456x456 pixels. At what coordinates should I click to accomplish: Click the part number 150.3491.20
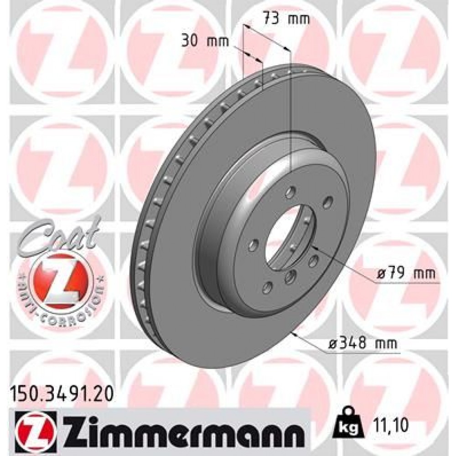[59, 391]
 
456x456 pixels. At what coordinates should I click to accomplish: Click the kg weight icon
[347, 425]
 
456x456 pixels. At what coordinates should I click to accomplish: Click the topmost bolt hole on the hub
[289, 193]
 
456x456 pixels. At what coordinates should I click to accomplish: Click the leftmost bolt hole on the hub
[251, 246]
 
